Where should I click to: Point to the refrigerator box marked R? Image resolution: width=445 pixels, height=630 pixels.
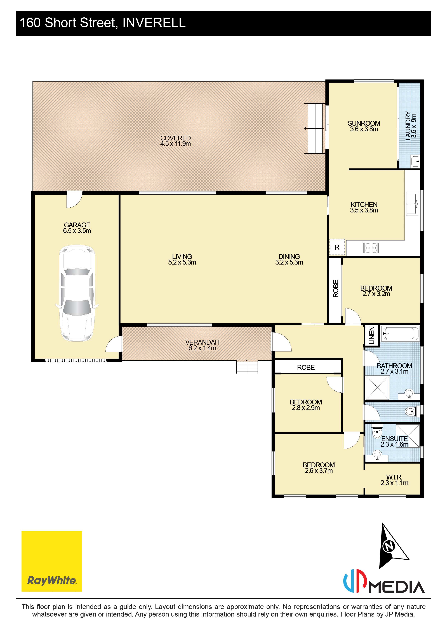(337, 247)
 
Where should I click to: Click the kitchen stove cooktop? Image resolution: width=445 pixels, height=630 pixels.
(371, 248)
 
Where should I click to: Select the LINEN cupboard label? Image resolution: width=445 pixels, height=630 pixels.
(372, 335)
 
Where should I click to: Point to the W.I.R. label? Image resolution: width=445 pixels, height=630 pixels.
(394, 477)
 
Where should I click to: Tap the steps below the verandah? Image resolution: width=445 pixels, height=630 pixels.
(247, 367)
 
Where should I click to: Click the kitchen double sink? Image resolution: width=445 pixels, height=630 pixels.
(412, 204)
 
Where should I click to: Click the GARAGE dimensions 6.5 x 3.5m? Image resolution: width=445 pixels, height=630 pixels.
(77, 231)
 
